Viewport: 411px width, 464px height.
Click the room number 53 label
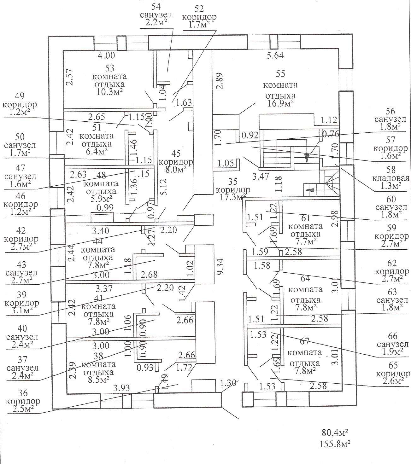(x=109, y=68)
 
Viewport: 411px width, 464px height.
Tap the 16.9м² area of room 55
(x=280, y=103)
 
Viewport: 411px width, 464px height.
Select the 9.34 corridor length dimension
(x=221, y=266)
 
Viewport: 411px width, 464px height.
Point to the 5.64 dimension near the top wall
(x=275, y=55)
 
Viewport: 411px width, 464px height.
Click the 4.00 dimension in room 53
(x=106, y=55)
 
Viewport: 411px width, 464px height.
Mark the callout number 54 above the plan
(x=156, y=7)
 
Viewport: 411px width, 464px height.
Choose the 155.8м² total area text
(x=335, y=444)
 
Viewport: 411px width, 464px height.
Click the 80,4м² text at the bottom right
(x=335, y=432)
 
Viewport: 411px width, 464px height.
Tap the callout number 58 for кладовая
(x=391, y=170)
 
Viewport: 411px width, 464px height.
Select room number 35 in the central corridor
(x=233, y=181)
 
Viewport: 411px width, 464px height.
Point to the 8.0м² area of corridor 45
(x=176, y=169)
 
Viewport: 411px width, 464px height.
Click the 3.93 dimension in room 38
(x=121, y=388)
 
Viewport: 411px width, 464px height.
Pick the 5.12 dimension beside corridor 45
(x=163, y=187)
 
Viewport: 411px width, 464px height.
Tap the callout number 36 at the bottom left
(x=23, y=393)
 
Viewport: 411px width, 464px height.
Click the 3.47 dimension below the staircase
(x=261, y=177)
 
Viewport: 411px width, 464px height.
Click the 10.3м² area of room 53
(x=109, y=92)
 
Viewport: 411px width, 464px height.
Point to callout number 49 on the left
(x=20, y=96)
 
